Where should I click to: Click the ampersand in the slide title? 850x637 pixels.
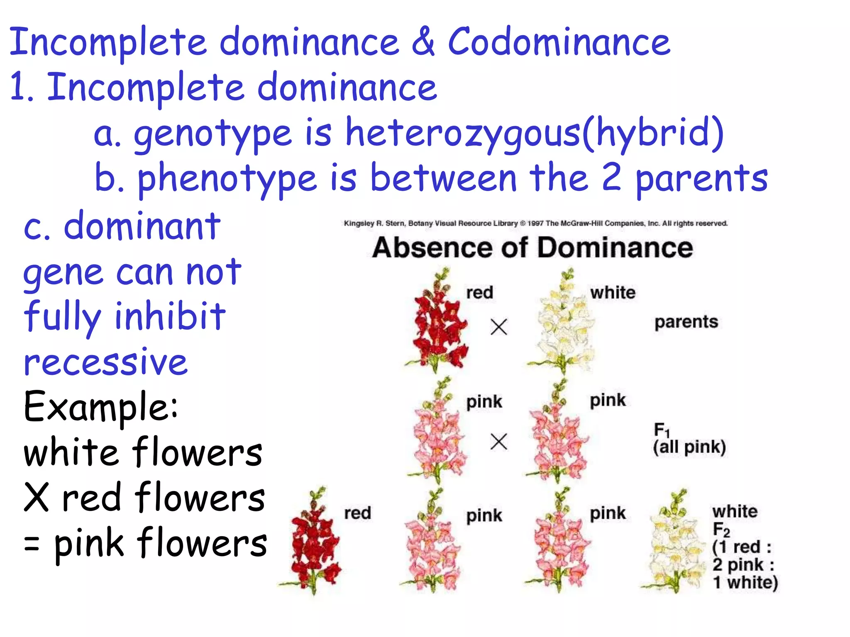click(423, 41)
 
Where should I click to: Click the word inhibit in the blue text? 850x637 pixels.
click(170, 316)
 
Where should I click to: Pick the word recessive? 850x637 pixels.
click(106, 362)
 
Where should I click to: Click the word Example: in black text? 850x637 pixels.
click(101, 407)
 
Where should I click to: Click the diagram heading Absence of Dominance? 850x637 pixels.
click(532, 248)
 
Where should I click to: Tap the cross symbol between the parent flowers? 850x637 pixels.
click(499, 327)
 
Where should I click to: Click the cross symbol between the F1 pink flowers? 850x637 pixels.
click(499, 441)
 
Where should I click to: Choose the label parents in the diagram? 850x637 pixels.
click(686, 322)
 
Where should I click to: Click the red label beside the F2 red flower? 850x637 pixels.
click(357, 513)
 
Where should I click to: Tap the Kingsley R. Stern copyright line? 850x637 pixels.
click(535, 224)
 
